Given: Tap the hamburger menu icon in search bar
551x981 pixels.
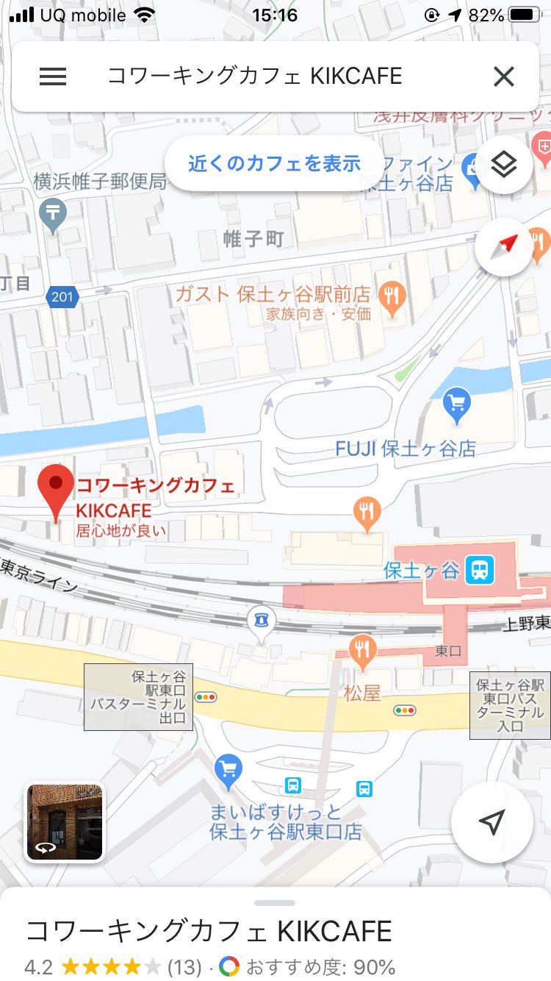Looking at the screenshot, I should (x=53, y=76).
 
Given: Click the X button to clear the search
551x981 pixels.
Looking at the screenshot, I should (x=503, y=76).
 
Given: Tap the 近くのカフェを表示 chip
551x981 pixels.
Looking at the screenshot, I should (x=274, y=163).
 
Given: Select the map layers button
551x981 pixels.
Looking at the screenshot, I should (x=504, y=165).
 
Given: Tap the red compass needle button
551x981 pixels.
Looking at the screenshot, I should (x=504, y=248).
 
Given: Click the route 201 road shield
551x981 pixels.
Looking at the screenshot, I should (x=62, y=297).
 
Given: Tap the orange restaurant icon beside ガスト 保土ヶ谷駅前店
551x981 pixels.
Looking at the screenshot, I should (x=392, y=297).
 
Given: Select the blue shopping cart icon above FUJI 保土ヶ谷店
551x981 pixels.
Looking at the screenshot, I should (x=457, y=404).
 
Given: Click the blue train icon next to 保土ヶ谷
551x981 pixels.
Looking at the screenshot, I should (x=480, y=569).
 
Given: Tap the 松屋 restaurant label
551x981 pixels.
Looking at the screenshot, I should (x=362, y=692).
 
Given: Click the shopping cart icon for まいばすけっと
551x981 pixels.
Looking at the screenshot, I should (x=228, y=770).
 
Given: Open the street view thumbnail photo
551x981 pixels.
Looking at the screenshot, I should (x=65, y=821).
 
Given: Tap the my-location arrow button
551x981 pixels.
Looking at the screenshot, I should (x=491, y=822).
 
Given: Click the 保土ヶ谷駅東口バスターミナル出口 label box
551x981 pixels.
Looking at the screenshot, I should (x=138, y=697).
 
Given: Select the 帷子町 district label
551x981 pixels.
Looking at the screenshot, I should (x=253, y=238).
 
